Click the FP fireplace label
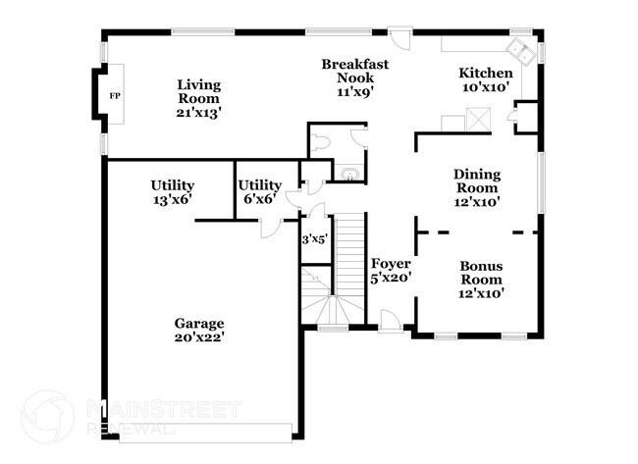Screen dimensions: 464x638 (114, 96)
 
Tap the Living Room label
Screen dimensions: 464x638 (199, 91)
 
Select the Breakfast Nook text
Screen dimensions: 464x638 (355, 72)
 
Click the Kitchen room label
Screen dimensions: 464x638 (486, 74)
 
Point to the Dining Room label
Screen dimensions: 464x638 (477, 181)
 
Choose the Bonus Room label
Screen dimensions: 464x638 (481, 273)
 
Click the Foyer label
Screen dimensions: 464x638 (391, 264)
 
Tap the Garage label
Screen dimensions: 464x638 (199, 323)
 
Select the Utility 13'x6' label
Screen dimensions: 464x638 (172, 191)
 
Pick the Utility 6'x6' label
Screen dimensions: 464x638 (260, 191)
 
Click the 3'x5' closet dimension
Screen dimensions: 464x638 (313, 238)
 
